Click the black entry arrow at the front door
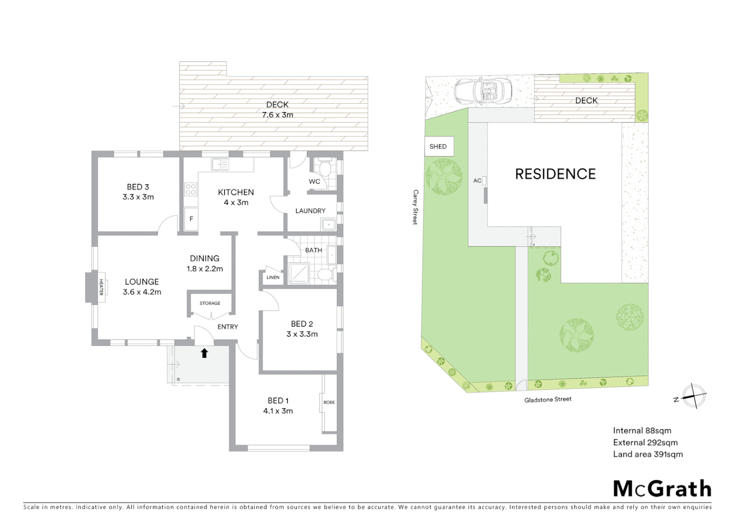coord(204,353)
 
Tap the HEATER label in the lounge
coord(101,287)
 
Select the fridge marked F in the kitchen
coord(191,219)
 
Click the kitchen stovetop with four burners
coord(191,189)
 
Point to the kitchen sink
coord(220,165)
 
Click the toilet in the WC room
coord(325,169)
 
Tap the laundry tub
coord(329,225)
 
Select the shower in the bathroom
coord(299,274)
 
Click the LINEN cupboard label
coord(273,277)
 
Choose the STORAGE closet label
coord(210,303)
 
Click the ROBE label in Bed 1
coord(329,402)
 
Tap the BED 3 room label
coord(138,187)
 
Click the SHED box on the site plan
coord(438,147)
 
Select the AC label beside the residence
coord(477,181)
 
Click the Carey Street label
coord(415,207)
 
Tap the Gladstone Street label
coord(548,399)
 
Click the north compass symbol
coord(694,397)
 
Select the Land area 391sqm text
coord(647,454)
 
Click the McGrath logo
coord(662,489)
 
